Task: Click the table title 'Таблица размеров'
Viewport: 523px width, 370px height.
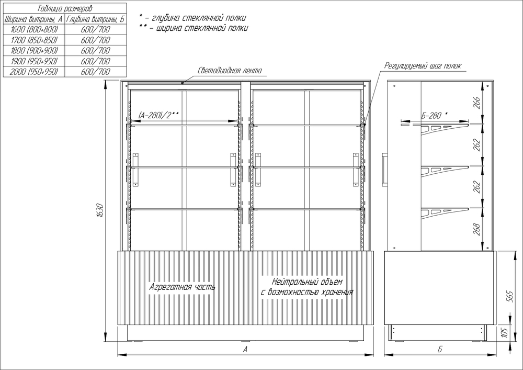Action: click(x=64, y=8)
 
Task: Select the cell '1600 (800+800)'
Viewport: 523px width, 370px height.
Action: click(x=34, y=29)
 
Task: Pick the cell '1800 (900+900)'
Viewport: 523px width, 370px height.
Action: click(x=34, y=51)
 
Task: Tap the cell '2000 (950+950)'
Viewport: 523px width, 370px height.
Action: click(x=34, y=72)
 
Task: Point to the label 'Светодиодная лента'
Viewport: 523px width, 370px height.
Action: click(x=230, y=71)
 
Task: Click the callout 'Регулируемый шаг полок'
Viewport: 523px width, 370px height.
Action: click(x=423, y=66)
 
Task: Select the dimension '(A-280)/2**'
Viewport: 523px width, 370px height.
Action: click(x=159, y=116)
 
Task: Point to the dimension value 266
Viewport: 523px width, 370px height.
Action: click(x=477, y=103)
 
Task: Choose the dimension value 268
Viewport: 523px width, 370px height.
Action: click(x=477, y=229)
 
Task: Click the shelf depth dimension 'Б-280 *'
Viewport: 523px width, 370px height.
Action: click(x=434, y=116)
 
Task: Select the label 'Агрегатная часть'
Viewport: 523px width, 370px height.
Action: click(x=182, y=287)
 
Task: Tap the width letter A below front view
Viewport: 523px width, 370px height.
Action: click(x=245, y=349)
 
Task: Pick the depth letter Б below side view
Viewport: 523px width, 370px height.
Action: click(x=440, y=349)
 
